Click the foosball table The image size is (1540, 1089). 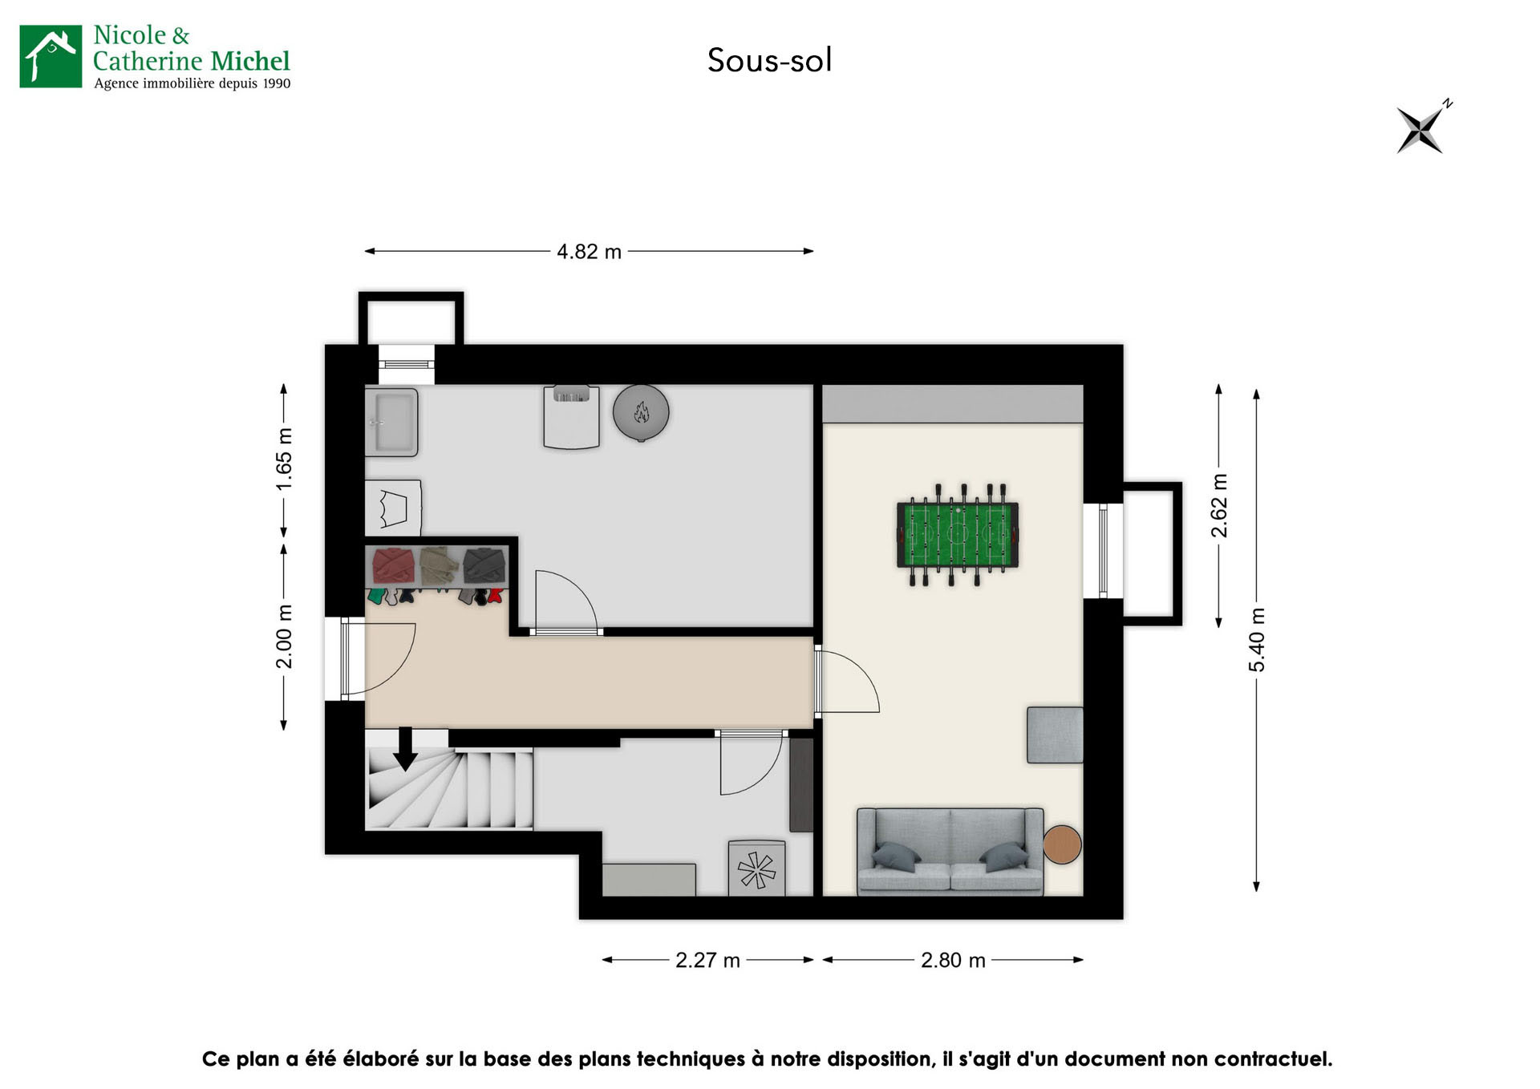(x=957, y=534)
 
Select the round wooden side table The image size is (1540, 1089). (x=1062, y=844)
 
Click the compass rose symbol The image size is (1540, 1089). (x=1420, y=129)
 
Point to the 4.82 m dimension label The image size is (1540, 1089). (x=589, y=252)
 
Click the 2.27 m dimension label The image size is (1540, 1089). (x=707, y=960)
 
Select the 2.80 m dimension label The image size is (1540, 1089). (x=953, y=960)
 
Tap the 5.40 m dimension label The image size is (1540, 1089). (x=1257, y=640)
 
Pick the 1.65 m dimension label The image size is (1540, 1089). (x=284, y=459)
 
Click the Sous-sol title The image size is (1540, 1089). (x=769, y=60)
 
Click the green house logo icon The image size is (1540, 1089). (x=51, y=56)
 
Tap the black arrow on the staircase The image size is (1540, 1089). (x=405, y=749)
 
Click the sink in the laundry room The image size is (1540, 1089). (x=392, y=422)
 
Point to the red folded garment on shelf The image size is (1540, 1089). (x=393, y=565)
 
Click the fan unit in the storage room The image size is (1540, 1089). (x=756, y=869)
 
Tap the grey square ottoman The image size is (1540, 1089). (x=1055, y=735)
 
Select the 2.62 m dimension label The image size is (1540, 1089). (x=1219, y=506)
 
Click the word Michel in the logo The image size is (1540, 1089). (x=250, y=61)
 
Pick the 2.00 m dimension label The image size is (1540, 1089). (x=284, y=637)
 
